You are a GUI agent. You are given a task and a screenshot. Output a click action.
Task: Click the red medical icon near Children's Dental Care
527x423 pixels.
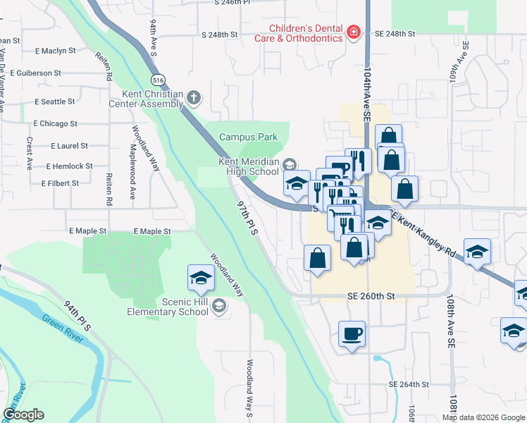(x=353, y=32)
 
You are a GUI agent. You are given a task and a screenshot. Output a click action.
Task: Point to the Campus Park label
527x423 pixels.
(x=249, y=137)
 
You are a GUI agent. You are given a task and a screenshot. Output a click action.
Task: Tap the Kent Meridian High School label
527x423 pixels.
(x=249, y=166)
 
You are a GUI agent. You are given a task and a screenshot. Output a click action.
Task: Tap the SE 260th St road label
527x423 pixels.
(x=370, y=298)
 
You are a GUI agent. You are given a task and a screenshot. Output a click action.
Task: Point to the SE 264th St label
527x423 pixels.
(x=409, y=384)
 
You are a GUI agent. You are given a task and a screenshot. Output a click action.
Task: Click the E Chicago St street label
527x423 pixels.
(x=55, y=123)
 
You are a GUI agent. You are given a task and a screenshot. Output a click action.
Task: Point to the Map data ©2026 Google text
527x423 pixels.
(x=483, y=417)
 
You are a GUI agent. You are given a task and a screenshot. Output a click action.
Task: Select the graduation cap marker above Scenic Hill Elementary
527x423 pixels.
(x=201, y=276)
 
